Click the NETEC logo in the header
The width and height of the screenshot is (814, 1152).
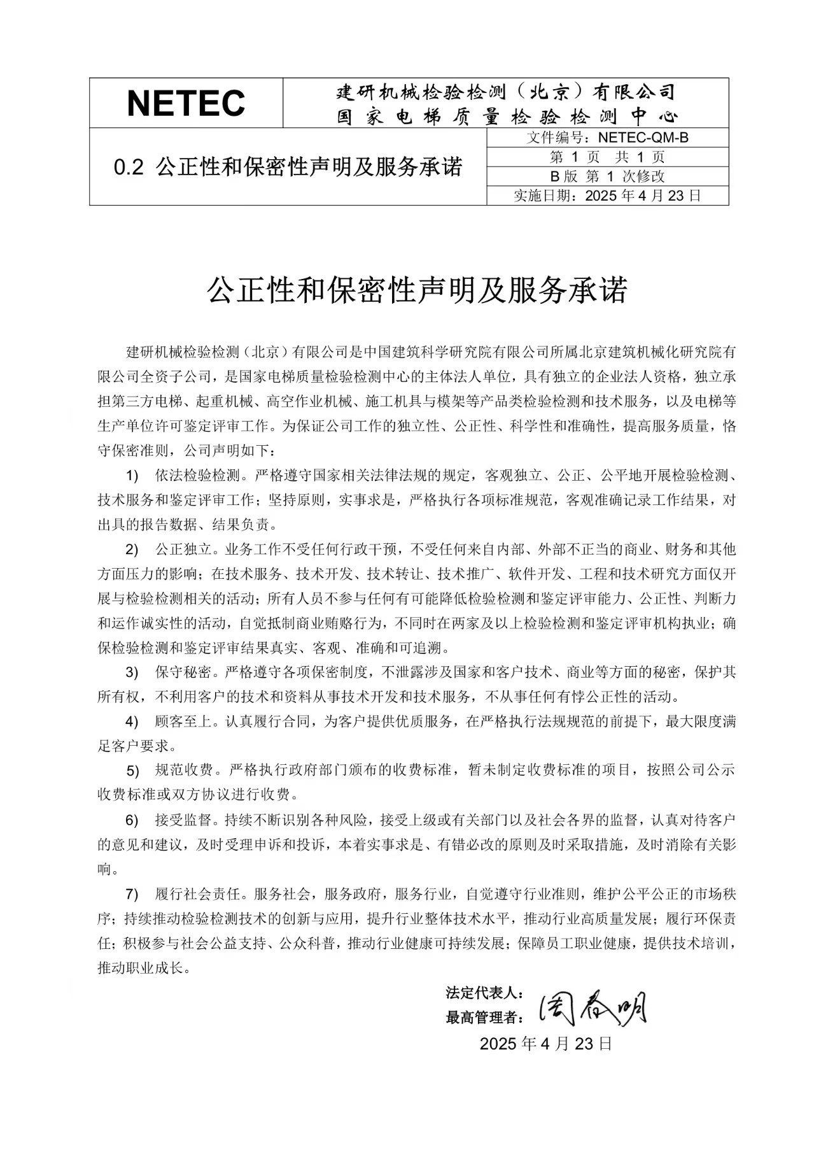[186, 103]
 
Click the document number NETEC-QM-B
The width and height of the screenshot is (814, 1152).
[643, 138]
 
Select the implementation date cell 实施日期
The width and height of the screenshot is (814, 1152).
[607, 196]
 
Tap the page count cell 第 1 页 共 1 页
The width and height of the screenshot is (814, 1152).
[607, 157]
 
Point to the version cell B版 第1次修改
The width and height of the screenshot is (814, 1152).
[607, 176]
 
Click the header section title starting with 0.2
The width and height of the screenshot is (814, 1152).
[288, 167]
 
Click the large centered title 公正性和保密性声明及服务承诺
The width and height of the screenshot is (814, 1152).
[417, 290]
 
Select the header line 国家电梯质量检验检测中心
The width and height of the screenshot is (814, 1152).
[507, 117]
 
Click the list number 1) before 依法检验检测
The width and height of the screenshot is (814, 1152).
[132, 476]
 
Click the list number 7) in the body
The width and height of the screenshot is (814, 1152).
[132, 895]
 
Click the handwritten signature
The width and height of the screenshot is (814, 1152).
[593, 1008]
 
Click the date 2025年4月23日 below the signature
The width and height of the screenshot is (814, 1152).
[545, 1044]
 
